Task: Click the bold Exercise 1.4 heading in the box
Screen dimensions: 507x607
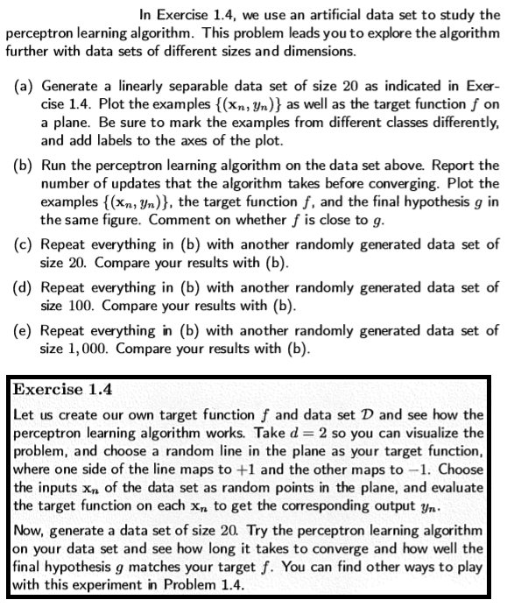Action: [x=58, y=386]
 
